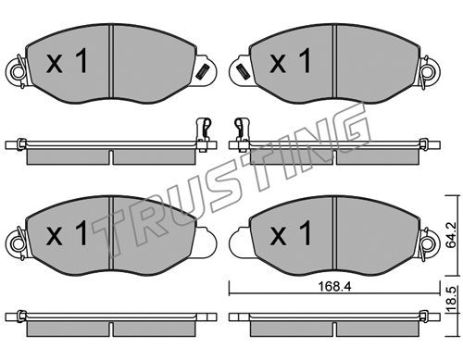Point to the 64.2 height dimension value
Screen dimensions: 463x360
452,235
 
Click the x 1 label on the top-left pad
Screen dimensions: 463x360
67,62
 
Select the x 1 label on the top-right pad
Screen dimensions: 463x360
290,61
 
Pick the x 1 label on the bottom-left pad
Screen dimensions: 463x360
67,233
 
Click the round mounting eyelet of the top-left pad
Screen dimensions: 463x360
18,73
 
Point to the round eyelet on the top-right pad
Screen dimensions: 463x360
430,72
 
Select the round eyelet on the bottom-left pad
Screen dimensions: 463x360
18,244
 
